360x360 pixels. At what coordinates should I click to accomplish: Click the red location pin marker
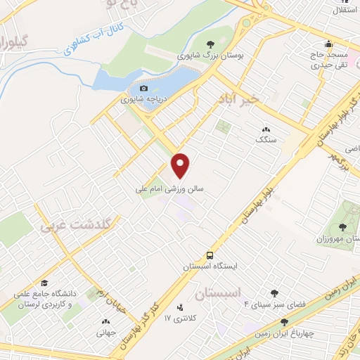click(181, 165)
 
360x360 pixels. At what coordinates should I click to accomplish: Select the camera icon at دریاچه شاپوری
click(143, 89)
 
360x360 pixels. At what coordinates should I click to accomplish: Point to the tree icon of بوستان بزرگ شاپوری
click(211, 43)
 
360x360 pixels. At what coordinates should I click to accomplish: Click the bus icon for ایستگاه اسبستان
click(211, 257)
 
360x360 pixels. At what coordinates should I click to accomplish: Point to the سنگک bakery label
click(266, 140)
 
